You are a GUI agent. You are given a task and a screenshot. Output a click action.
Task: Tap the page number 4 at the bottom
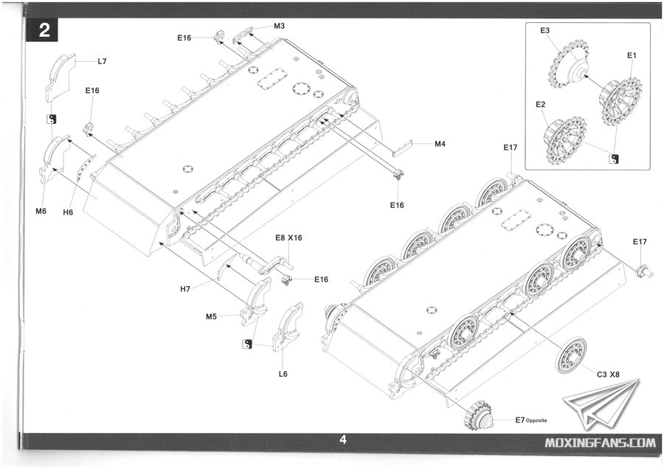coord(342,440)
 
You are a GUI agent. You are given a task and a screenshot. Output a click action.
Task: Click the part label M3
coord(280,26)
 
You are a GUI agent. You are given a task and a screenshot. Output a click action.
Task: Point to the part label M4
coord(440,144)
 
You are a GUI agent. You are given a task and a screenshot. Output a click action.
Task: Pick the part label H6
coord(68,212)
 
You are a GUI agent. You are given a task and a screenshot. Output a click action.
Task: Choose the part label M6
coord(41,212)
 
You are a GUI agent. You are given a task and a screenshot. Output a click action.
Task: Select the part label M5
coord(211,317)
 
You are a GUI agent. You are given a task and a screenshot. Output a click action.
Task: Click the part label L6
coord(283,374)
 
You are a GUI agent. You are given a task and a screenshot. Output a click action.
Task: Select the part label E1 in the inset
coord(632,55)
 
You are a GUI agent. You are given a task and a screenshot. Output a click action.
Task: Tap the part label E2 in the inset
coord(541,105)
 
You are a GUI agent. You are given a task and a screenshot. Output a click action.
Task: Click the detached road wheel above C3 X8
coord(572,355)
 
